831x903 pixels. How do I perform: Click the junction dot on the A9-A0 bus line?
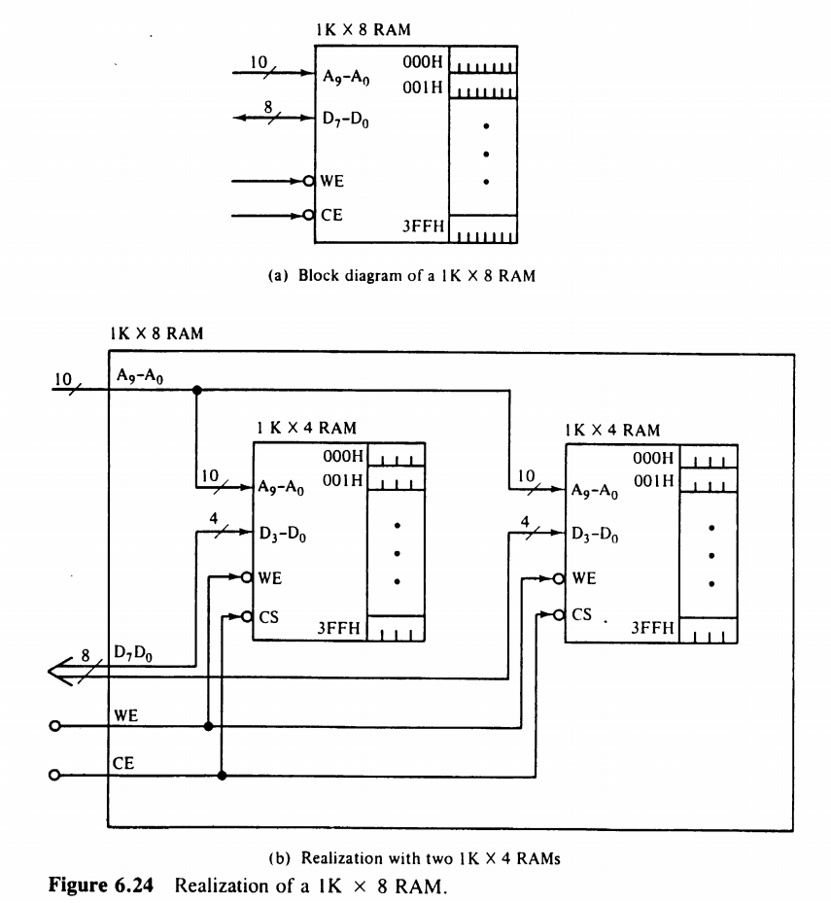tap(196, 390)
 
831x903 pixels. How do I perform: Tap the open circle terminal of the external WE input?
tap(53, 726)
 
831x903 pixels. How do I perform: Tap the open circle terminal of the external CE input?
tap(53, 775)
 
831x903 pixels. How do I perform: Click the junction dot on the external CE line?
tap(223, 775)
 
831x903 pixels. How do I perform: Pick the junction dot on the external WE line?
tap(208, 726)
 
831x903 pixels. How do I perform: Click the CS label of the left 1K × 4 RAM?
tap(269, 614)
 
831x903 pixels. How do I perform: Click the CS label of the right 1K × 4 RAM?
tap(581, 614)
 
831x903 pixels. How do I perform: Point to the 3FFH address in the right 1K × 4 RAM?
tap(652, 628)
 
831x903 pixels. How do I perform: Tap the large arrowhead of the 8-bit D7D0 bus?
tap(60, 671)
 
